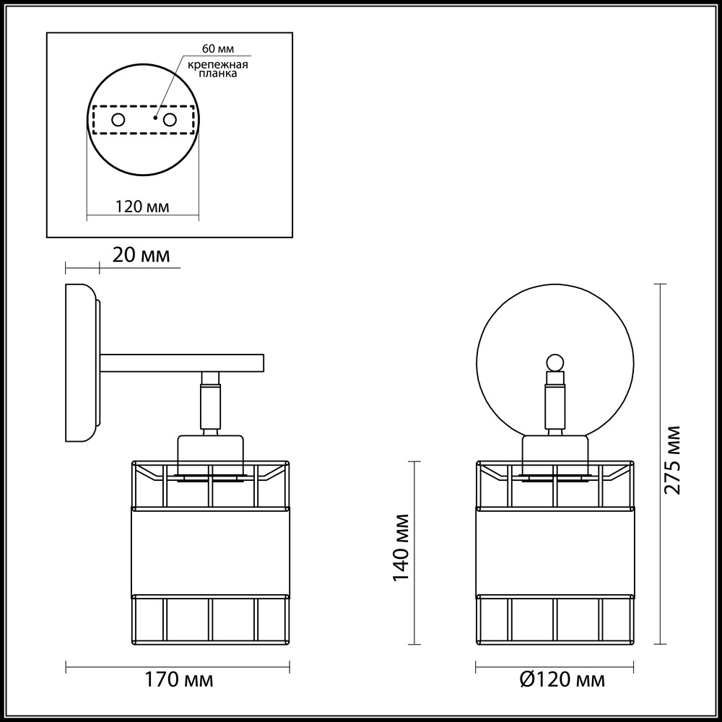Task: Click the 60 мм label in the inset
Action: pyautogui.click(x=218, y=49)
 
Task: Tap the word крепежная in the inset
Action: pyautogui.click(x=217, y=64)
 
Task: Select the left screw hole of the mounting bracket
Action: pyautogui.click(x=118, y=120)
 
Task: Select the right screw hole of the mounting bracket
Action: pyautogui.click(x=170, y=120)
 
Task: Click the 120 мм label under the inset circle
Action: pyautogui.click(x=142, y=206)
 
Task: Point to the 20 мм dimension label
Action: pyautogui.click(x=141, y=255)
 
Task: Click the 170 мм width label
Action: pyautogui.click(x=179, y=679)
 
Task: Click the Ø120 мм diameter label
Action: pyautogui.click(x=562, y=679)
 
